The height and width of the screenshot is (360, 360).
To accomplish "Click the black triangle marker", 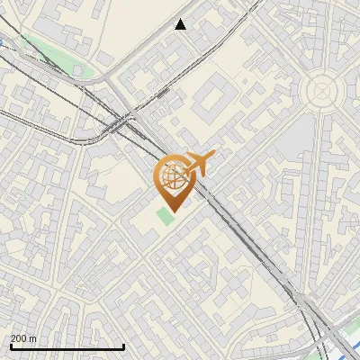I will point(181,24).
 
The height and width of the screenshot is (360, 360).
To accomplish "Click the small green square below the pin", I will point(164,216).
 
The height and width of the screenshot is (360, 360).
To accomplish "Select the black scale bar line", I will point(67,347).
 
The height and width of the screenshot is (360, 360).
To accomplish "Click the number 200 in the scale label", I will point(19,339).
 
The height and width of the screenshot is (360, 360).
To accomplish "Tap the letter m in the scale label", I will point(33,339).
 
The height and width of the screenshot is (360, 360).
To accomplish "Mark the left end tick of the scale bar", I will point(10,346).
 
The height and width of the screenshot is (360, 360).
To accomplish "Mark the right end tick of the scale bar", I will point(123,346).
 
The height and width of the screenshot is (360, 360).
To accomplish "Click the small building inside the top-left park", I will point(78,69).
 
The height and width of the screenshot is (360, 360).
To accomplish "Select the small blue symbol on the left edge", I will point(3,42).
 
